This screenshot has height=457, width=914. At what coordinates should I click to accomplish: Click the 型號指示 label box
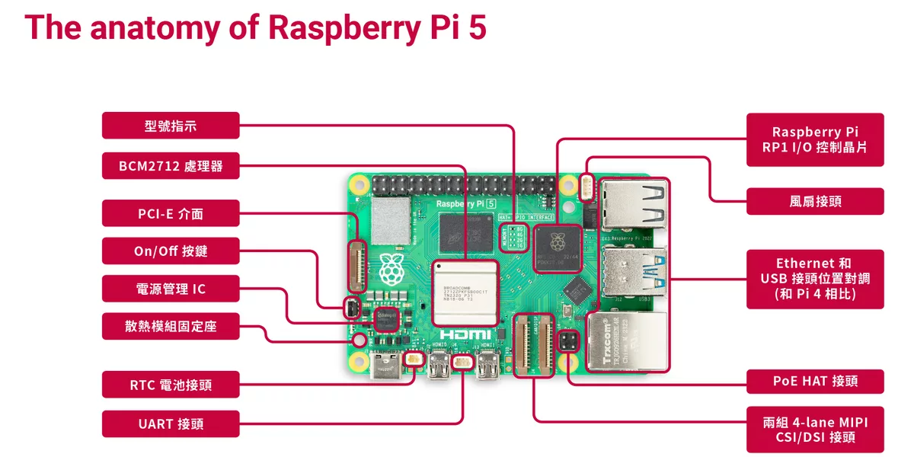(171, 126)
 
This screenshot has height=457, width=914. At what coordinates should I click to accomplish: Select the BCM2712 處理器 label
(171, 165)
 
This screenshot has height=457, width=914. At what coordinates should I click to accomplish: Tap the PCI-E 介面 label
(171, 214)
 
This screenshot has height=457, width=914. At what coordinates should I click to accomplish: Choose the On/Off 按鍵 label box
(171, 251)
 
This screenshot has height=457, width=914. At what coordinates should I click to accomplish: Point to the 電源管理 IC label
(171, 289)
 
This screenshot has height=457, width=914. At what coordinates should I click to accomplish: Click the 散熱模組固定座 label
(171, 326)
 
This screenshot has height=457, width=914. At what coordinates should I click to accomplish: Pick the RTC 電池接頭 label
(171, 385)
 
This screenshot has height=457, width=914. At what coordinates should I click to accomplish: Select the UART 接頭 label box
(171, 423)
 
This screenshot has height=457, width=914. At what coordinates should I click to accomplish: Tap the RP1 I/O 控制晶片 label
(815, 140)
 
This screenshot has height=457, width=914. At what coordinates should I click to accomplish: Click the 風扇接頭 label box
(815, 202)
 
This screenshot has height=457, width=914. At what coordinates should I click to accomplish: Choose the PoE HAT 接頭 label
(815, 380)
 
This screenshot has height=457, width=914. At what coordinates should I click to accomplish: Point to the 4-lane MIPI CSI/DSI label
(815, 430)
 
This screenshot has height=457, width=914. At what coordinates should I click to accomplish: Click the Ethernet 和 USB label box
(815, 279)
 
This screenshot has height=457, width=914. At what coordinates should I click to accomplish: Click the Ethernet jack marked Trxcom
(628, 342)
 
